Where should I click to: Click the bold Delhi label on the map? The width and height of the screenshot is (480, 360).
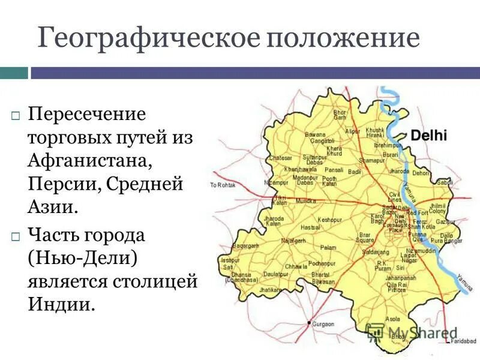(x=428, y=136)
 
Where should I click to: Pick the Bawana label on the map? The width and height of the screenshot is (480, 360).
(x=314, y=134)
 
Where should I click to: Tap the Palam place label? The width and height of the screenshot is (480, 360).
(x=328, y=247)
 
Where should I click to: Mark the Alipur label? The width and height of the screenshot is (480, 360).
(x=352, y=131)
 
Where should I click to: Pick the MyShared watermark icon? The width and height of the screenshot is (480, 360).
(x=375, y=332)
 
